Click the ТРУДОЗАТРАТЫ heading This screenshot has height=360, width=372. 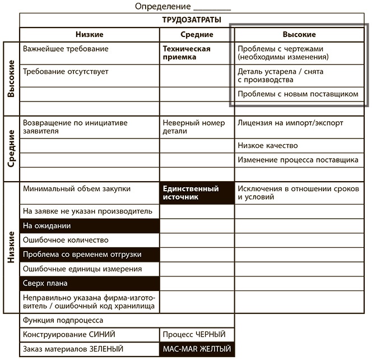coord(191,21)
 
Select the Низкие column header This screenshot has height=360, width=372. coord(90,35)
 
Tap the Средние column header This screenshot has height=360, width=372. coord(197,35)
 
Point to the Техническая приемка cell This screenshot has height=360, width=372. coord(197,53)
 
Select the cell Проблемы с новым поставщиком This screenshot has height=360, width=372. coord(297,94)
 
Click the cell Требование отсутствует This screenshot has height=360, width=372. coord(90,76)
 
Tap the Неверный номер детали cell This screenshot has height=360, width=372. coord(197,127)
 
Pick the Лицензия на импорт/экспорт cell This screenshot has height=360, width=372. coord(297,123)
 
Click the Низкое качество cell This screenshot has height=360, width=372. coord(297,145)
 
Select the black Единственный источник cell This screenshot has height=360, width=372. coord(197,193)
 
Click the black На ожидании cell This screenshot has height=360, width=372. coord(90,226)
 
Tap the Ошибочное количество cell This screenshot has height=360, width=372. coord(90,240)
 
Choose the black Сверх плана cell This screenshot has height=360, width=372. coord(90,283)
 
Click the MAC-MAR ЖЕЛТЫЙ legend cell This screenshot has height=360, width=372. coord(197,349)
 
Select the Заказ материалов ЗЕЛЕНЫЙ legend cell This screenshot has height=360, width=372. coord(90,349)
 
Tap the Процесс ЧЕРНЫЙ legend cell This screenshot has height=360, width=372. coord(197,335)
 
